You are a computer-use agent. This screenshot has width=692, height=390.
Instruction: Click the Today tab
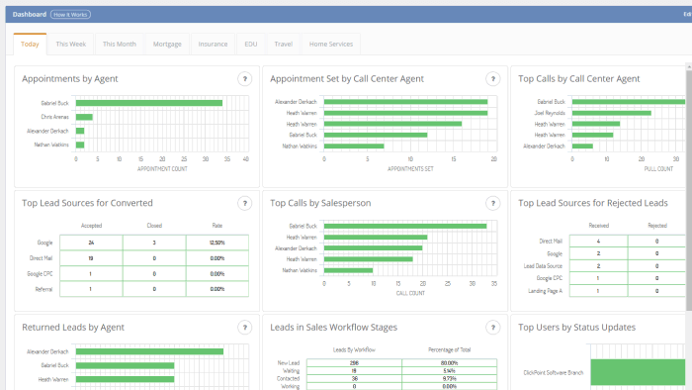tap(30, 45)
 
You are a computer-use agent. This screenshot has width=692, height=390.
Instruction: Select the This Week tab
tap(70, 45)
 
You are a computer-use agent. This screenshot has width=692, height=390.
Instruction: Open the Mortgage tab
tap(166, 45)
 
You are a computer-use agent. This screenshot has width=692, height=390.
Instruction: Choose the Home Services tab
tap(330, 45)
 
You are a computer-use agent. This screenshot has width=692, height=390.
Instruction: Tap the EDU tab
tap(251, 45)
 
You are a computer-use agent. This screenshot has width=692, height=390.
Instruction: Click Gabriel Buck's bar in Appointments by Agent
tap(148, 102)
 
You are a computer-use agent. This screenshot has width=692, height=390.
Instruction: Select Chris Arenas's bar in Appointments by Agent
tap(84, 117)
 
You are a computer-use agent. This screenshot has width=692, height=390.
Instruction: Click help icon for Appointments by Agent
tap(244, 79)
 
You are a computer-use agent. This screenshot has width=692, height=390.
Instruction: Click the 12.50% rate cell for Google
tap(217, 242)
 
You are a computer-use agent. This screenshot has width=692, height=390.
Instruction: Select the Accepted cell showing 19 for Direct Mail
tap(91, 257)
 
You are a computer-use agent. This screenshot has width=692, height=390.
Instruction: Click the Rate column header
tap(217, 226)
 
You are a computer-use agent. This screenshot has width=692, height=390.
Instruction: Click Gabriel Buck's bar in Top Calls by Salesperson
tap(405, 226)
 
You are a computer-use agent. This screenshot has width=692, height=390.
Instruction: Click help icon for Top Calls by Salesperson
tap(492, 203)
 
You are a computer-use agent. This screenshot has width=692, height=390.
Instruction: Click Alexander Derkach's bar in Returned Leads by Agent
tap(149, 351)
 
